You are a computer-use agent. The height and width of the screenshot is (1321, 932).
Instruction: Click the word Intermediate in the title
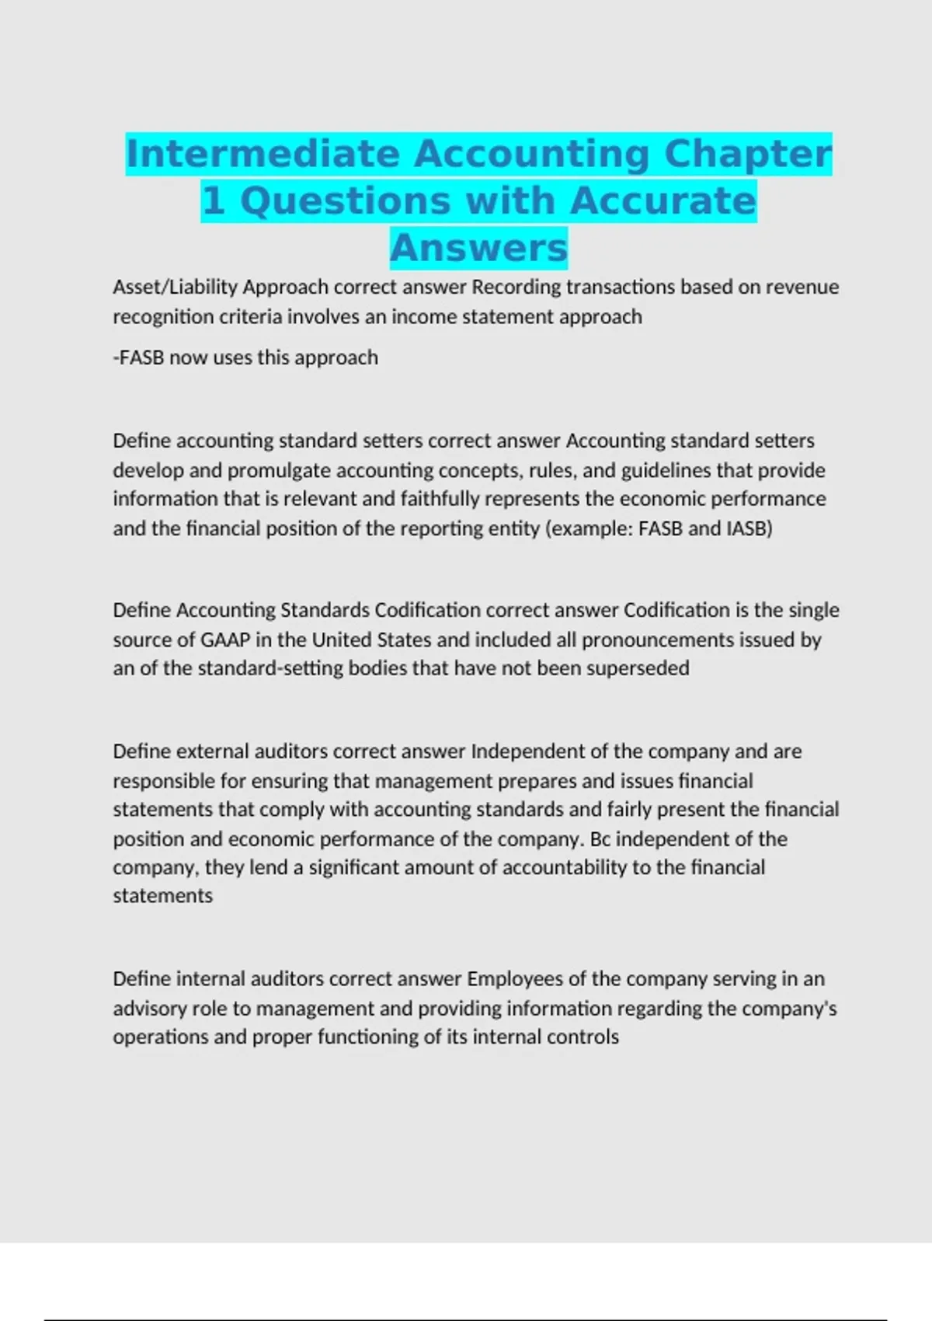[263, 153]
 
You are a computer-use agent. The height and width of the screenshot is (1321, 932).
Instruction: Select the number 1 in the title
[213, 200]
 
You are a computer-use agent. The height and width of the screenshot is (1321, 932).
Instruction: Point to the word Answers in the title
[478, 248]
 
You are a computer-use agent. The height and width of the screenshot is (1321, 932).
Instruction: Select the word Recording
[516, 288]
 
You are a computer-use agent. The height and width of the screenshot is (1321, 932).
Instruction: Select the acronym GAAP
[225, 640]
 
